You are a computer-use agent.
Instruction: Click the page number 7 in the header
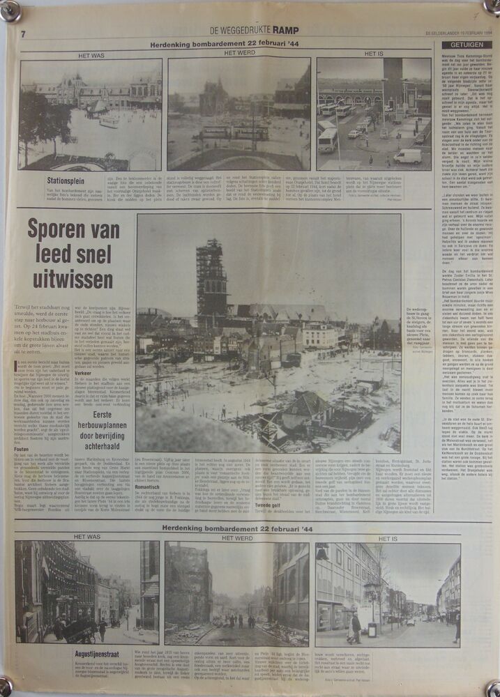coord(23,33)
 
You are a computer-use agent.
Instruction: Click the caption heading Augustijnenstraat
coord(102,654)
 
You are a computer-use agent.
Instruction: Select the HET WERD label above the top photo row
coord(239,53)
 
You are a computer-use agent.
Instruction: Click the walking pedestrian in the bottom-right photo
coord(356,624)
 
